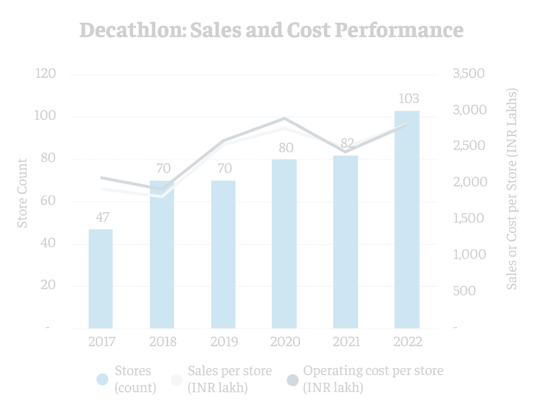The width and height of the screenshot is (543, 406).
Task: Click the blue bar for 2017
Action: click(100, 279)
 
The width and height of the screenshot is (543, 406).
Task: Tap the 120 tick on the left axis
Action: click(46, 74)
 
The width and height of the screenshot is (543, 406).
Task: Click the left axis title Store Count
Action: click(22, 193)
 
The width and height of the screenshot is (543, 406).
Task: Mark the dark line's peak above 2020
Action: click(285, 118)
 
